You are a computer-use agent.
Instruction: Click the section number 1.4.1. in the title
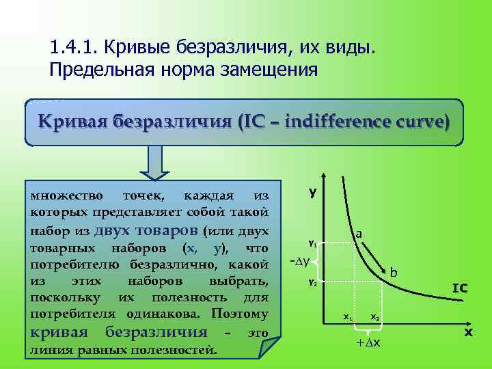coord(73,49)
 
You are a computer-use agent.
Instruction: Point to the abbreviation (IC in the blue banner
coord(248,122)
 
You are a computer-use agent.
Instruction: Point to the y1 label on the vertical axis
coord(312,243)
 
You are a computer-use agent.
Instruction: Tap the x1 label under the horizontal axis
coord(348,317)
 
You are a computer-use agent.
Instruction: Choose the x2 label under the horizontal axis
coord(375,317)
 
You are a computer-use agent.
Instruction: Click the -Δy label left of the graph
coord(300,261)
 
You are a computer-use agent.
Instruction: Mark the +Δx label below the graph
coord(368,342)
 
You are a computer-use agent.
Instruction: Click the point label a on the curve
coord(359,234)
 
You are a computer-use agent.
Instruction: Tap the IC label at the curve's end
coord(459,289)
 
